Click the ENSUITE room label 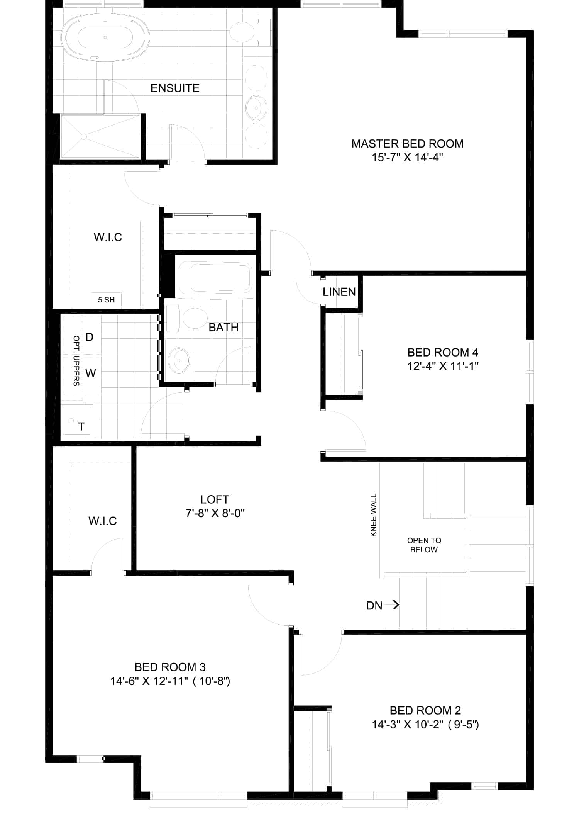coord(175,88)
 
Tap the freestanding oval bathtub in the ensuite coord(106,38)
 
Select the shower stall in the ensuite coord(100,136)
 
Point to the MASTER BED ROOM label coord(407,144)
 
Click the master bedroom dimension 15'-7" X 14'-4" coord(407,158)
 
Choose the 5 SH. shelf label coord(107,300)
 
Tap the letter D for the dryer coord(89,337)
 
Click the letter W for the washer coord(91,373)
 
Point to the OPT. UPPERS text coord(76,361)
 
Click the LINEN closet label coord(339,292)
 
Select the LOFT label coord(215,499)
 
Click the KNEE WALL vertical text coord(373,515)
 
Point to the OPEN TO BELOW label coord(424,545)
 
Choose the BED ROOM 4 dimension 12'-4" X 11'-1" coord(443,366)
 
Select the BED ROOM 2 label coord(425,710)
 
